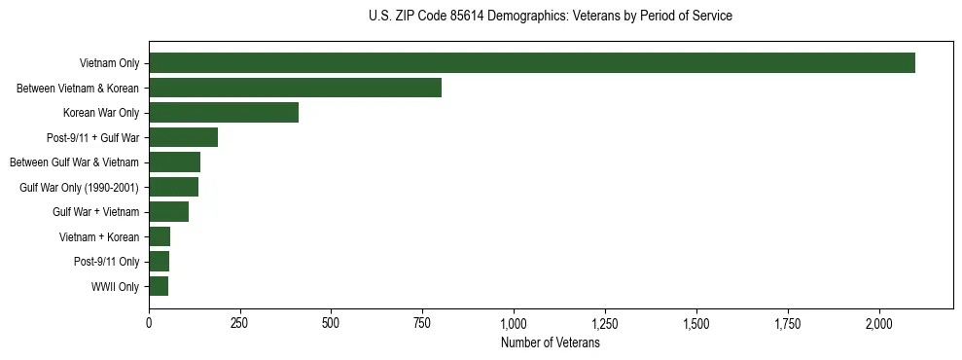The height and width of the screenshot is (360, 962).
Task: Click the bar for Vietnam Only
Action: pyautogui.click(x=532, y=63)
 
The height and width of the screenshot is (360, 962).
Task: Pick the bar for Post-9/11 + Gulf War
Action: pyautogui.click(x=183, y=137)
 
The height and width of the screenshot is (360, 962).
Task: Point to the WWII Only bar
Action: pyautogui.click(x=159, y=286)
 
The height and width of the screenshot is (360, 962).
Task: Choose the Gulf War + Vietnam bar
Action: pyautogui.click(x=168, y=212)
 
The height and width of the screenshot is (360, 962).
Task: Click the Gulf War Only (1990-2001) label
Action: pyautogui.click(x=80, y=187)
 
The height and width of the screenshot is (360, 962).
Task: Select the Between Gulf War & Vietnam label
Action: pyautogui.click(x=74, y=162)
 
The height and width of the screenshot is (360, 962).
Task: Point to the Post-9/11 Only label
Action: pyautogui.click(x=107, y=262)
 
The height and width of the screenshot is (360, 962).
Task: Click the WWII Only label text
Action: pyautogui.click(x=115, y=287)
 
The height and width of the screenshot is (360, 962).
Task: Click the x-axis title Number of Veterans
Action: pyautogui.click(x=550, y=342)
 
